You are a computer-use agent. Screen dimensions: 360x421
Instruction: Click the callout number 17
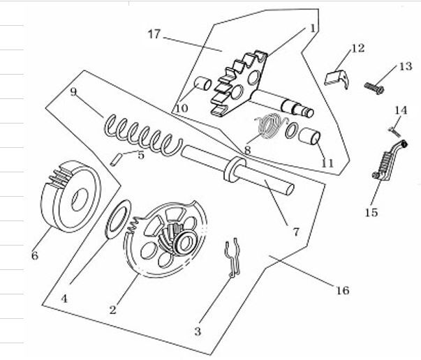[x=154, y=33]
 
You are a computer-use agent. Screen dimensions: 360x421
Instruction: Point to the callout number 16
[x=342, y=290]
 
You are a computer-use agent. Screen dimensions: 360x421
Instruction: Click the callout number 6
[x=34, y=255]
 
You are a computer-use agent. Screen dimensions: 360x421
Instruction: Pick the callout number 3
[x=198, y=331]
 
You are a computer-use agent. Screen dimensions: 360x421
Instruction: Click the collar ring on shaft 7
[x=234, y=169]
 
